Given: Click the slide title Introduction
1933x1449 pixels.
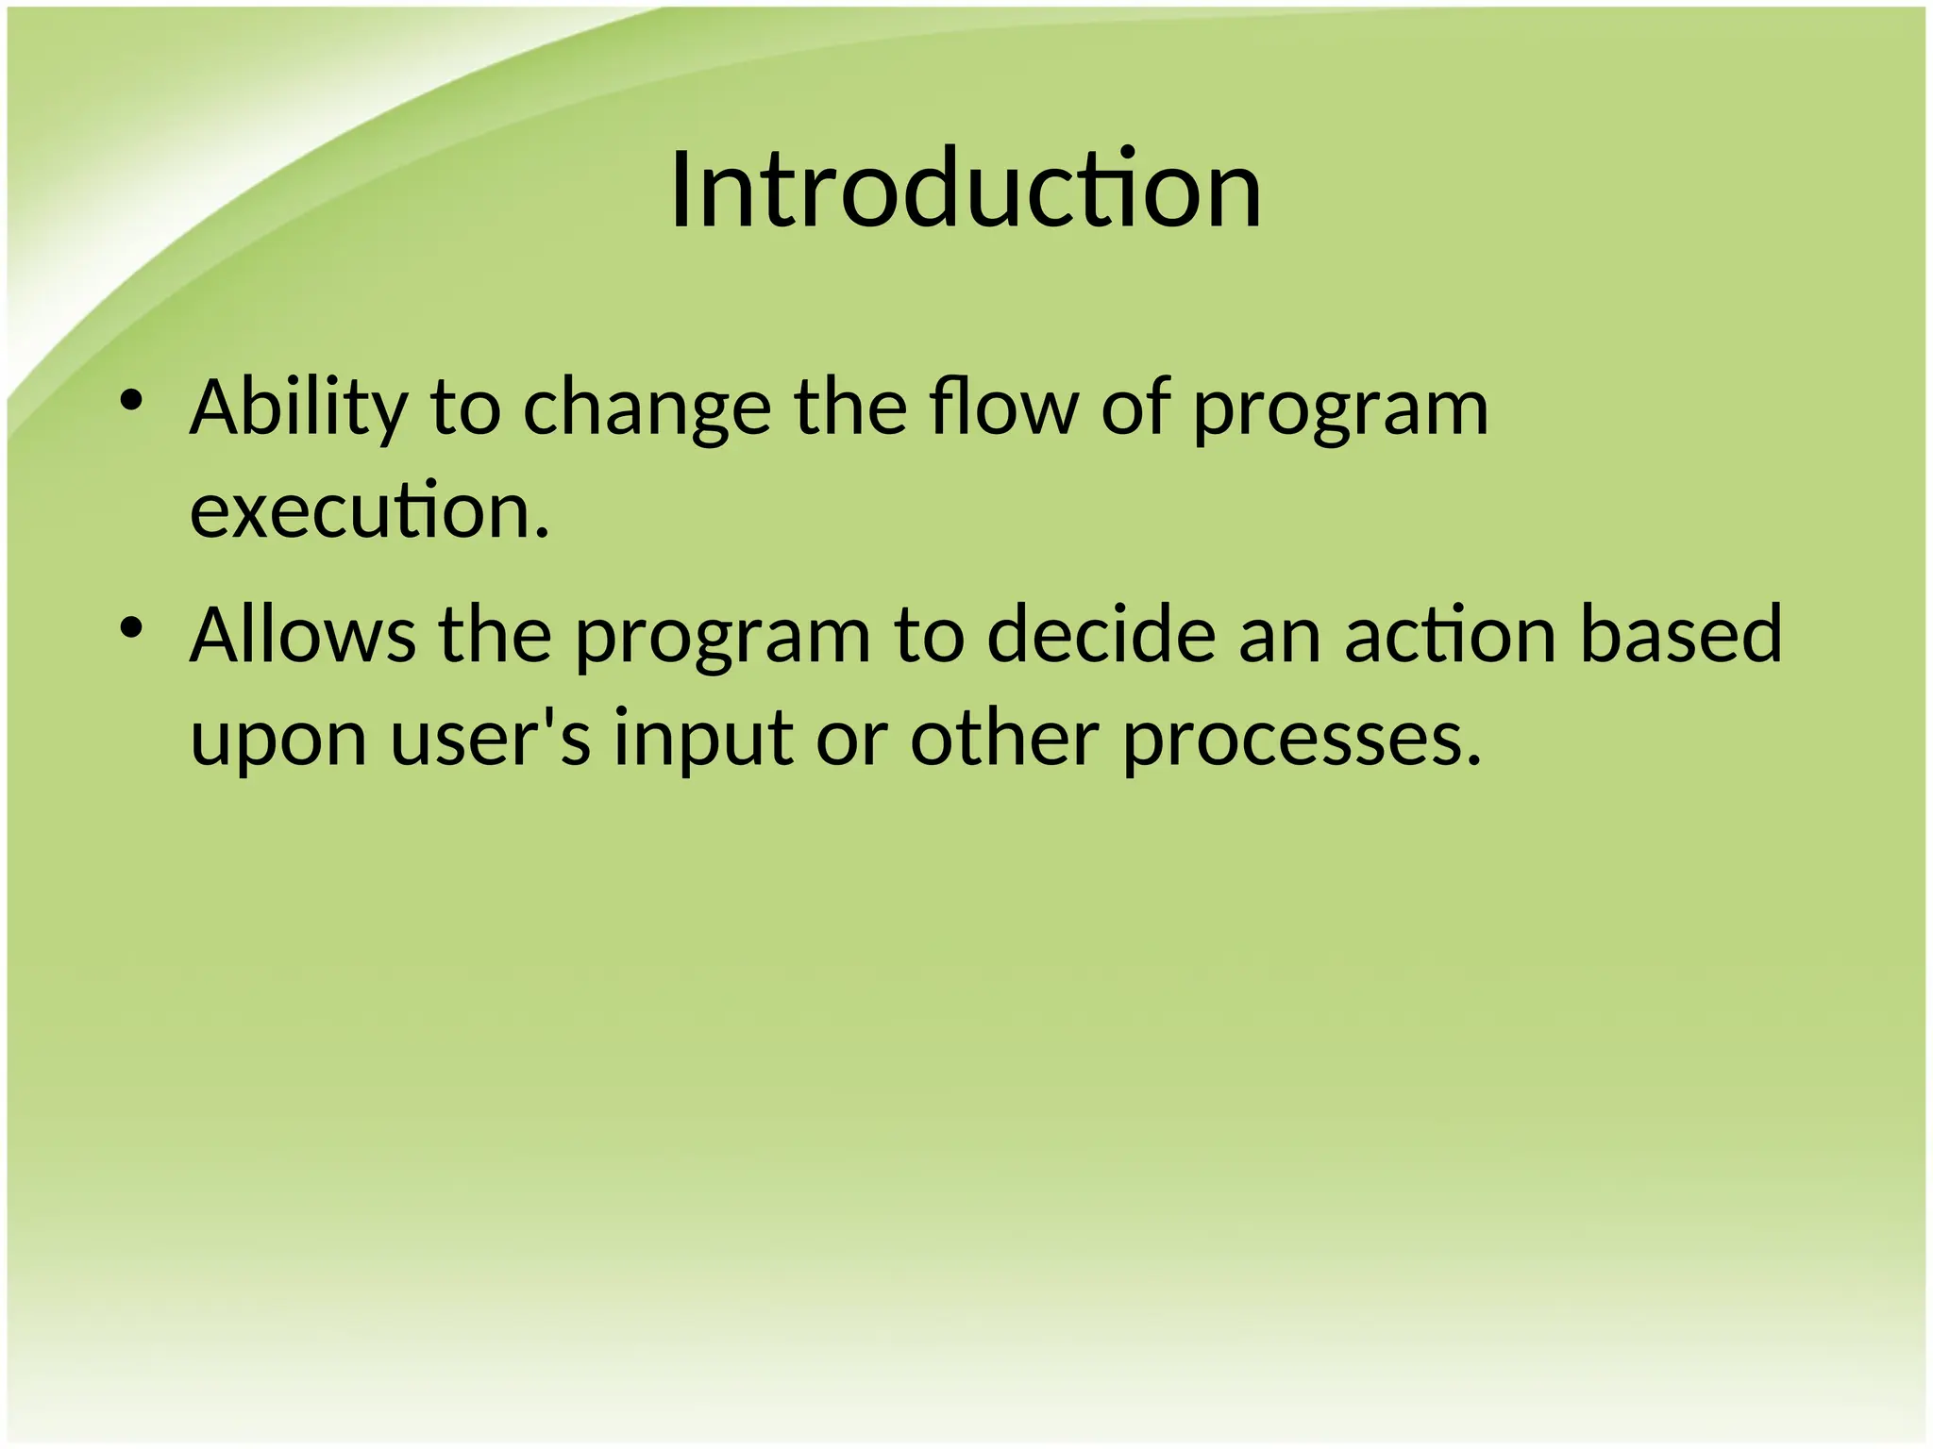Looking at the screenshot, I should pyautogui.click(x=966, y=191).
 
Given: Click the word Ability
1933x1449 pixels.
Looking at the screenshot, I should pyautogui.click(x=298, y=408).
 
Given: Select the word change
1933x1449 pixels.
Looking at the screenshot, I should pyautogui.click(x=647, y=408).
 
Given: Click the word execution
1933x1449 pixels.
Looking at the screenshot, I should pyautogui.click(x=368, y=510).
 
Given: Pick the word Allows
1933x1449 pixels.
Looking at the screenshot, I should pyautogui.click(x=302, y=635).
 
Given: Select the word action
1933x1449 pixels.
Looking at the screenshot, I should pyautogui.click(x=1449, y=635).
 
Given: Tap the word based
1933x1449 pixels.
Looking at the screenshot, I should pyautogui.click(x=1680, y=635).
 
